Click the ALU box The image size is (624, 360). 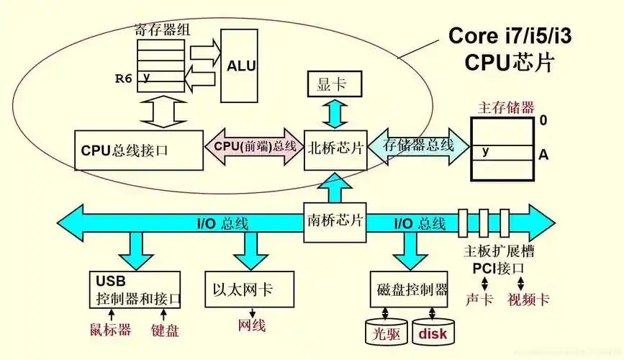[241, 66]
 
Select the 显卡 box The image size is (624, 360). [332, 84]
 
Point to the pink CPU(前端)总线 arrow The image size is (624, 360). [256, 146]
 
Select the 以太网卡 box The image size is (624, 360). [249, 290]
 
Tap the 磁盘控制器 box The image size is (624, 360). [412, 291]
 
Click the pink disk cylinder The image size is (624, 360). [433, 332]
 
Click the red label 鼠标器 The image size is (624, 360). [110, 330]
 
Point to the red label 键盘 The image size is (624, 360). [165, 330]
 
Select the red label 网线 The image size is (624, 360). [252, 325]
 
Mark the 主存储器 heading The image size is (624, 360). [506, 107]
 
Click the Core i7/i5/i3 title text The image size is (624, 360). [510, 35]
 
